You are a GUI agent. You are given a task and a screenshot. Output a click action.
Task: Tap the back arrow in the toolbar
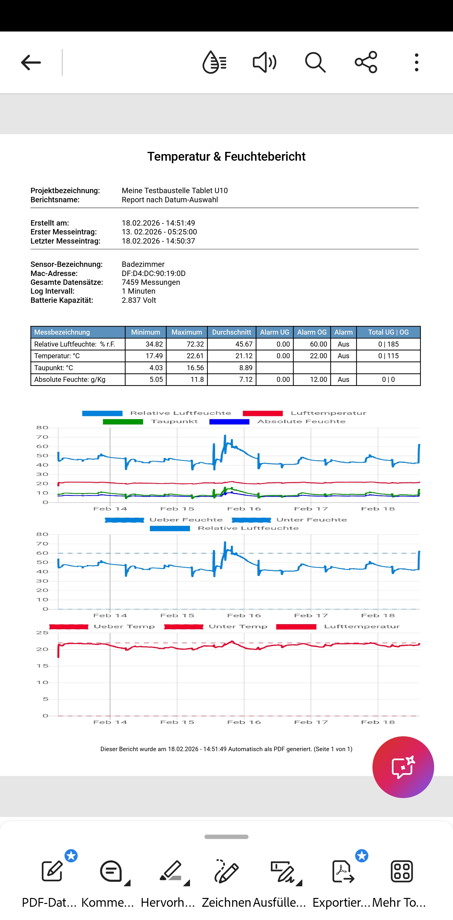(x=31, y=62)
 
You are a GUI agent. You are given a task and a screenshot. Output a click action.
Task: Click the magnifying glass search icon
(x=315, y=62)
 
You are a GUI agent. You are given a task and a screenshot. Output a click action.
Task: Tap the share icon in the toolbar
(x=366, y=62)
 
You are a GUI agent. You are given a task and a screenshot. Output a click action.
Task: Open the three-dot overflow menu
(x=416, y=62)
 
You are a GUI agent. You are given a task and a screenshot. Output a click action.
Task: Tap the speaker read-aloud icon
(x=264, y=62)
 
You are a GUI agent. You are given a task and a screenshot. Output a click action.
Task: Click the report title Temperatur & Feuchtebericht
(x=226, y=156)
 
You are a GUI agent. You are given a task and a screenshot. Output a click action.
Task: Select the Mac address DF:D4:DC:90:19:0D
(x=154, y=273)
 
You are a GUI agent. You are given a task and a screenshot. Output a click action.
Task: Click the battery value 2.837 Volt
(x=139, y=300)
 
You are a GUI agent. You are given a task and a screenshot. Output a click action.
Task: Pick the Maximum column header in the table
(x=187, y=332)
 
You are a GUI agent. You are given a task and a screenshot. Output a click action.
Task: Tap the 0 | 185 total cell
(x=388, y=344)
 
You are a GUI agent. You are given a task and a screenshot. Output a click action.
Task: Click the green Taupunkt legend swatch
(x=123, y=422)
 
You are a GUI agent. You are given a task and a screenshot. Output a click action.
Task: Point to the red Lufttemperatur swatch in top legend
(x=263, y=413)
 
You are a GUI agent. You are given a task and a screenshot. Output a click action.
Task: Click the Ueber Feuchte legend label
(x=186, y=520)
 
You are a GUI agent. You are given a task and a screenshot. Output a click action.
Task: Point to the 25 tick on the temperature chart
(x=42, y=633)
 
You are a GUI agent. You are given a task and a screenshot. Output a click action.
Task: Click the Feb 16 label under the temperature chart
(x=244, y=722)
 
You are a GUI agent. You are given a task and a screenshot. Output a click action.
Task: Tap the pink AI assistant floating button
(x=403, y=767)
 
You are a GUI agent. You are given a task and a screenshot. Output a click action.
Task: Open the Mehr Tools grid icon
(x=402, y=871)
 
